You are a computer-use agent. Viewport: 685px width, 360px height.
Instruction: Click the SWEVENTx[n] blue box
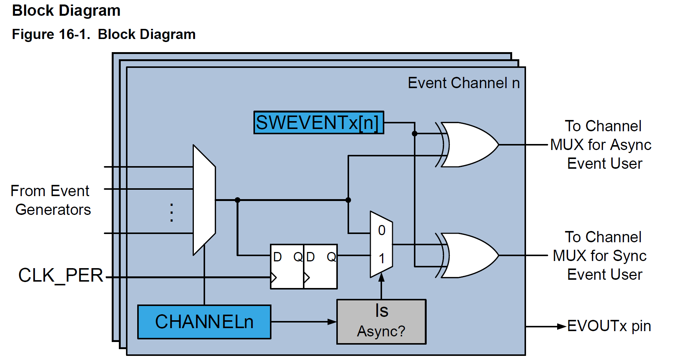(x=319, y=123)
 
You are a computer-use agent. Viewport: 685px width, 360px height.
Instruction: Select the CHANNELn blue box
(x=204, y=322)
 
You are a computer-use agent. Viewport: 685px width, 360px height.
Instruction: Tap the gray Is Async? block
(x=381, y=321)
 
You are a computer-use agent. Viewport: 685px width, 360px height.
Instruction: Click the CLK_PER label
(x=61, y=276)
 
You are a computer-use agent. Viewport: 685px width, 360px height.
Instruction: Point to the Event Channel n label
(x=463, y=83)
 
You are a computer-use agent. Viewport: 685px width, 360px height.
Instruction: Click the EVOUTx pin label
(x=609, y=326)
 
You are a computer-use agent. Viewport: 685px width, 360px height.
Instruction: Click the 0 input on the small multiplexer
(x=382, y=230)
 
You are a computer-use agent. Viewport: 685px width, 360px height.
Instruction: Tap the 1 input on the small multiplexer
(x=382, y=258)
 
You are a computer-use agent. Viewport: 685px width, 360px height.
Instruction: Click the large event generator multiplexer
(x=204, y=200)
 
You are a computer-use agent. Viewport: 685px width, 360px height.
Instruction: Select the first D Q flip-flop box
(x=287, y=266)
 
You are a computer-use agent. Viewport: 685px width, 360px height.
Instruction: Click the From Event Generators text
(x=50, y=200)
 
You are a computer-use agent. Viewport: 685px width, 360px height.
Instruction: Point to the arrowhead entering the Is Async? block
(x=332, y=322)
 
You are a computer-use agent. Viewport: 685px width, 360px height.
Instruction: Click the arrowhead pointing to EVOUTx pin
(x=561, y=327)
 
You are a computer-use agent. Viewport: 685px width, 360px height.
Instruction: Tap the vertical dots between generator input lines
(x=171, y=213)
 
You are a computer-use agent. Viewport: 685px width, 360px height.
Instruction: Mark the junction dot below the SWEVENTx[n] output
(x=415, y=133)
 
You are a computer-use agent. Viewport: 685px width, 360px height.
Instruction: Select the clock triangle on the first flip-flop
(x=274, y=277)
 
